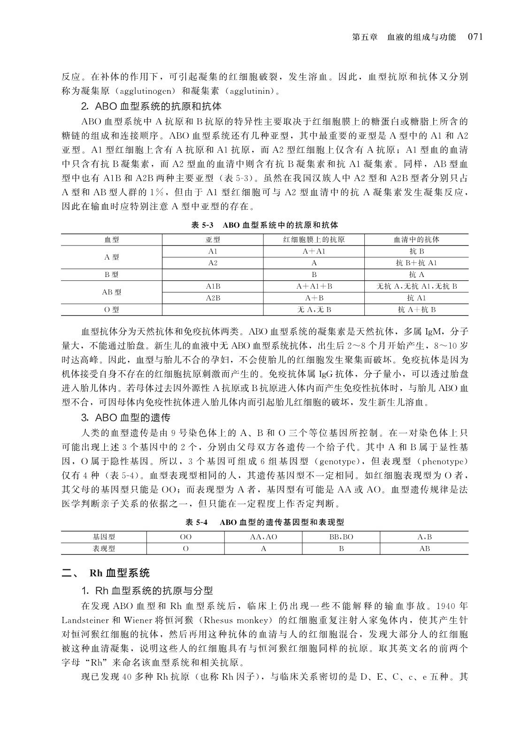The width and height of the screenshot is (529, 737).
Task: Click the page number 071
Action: pyautogui.click(x=475, y=37)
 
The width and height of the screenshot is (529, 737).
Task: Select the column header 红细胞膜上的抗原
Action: pyautogui.click(x=314, y=239)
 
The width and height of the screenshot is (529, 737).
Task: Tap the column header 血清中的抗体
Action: pyautogui.click(x=416, y=239)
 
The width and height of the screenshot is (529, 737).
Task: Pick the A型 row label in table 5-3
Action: pyautogui.click(x=111, y=257)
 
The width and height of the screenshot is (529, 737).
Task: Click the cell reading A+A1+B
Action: pyautogui.click(x=314, y=286)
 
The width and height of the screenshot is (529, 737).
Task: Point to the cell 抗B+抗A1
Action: pyautogui.click(x=416, y=263)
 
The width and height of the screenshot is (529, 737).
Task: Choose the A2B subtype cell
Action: pyautogui.click(x=213, y=298)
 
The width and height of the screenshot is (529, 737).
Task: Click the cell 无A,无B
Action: pyautogui.click(x=314, y=310)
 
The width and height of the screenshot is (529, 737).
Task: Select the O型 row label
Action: pyautogui.click(x=111, y=310)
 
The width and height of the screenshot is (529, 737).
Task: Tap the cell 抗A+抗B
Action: pyautogui.click(x=416, y=310)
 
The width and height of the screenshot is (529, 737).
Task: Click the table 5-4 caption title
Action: pyautogui.click(x=264, y=522)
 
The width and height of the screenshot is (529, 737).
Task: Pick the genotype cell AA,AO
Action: pyautogui.click(x=263, y=537)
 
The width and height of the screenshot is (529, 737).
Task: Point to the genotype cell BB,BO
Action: pyautogui.click(x=341, y=537)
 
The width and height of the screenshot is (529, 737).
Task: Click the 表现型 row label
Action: pyautogui.click(x=104, y=548)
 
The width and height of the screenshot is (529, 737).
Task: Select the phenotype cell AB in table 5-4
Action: pyautogui.click(x=424, y=548)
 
